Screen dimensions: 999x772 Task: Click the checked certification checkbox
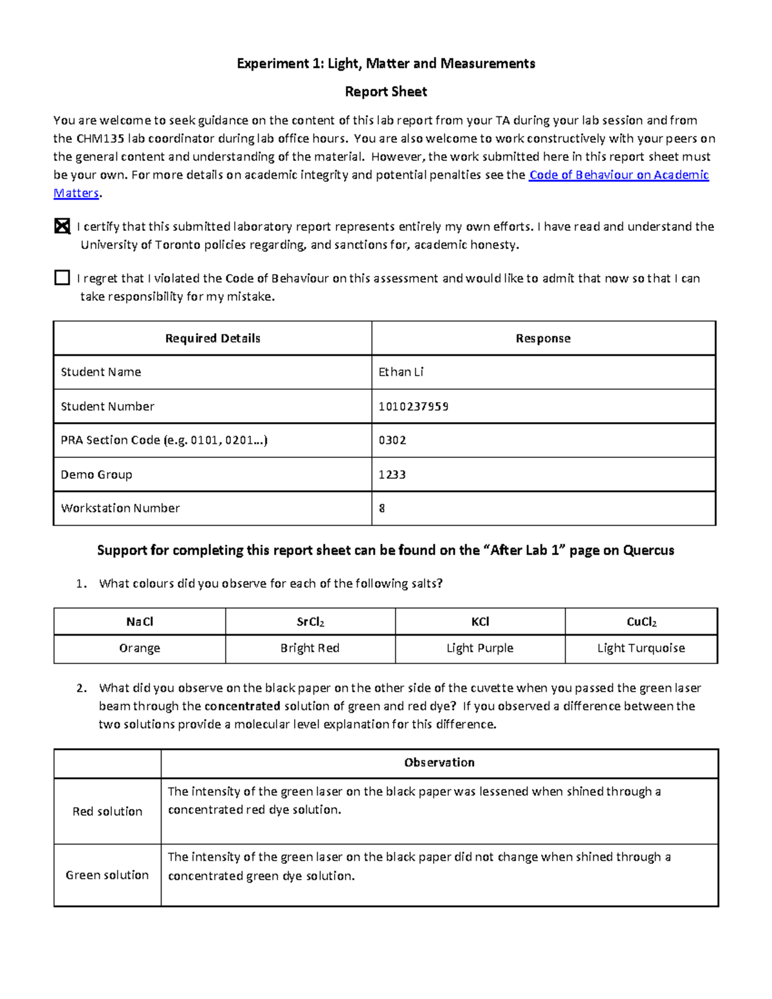click(x=62, y=226)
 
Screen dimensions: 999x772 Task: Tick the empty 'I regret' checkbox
click(x=62, y=278)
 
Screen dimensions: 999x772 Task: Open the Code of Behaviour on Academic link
click(x=618, y=175)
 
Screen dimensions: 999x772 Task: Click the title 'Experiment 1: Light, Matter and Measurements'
click(x=386, y=63)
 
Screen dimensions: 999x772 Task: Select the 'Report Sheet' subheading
click(x=386, y=91)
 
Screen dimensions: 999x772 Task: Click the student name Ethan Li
click(x=401, y=372)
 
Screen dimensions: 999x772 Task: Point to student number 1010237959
click(x=414, y=407)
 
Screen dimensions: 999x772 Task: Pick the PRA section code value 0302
click(x=392, y=440)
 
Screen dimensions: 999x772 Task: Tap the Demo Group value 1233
click(x=392, y=475)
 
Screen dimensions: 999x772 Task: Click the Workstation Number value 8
click(x=382, y=508)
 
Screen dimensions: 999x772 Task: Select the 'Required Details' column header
click(x=213, y=338)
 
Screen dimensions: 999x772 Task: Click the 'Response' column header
click(x=543, y=338)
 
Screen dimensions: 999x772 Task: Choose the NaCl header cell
click(x=140, y=621)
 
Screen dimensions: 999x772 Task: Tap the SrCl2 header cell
click(x=310, y=621)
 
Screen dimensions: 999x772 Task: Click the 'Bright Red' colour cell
click(x=310, y=648)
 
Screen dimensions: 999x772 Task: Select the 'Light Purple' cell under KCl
click(x=480, y=648)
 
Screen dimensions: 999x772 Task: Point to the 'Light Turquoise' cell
click(x=641, y=648)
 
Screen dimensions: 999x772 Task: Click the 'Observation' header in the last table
click(x=439, y=762)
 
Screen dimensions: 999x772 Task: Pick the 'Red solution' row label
click(x=107, y=811)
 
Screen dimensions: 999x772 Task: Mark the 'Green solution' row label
click(x=107, y=875)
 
